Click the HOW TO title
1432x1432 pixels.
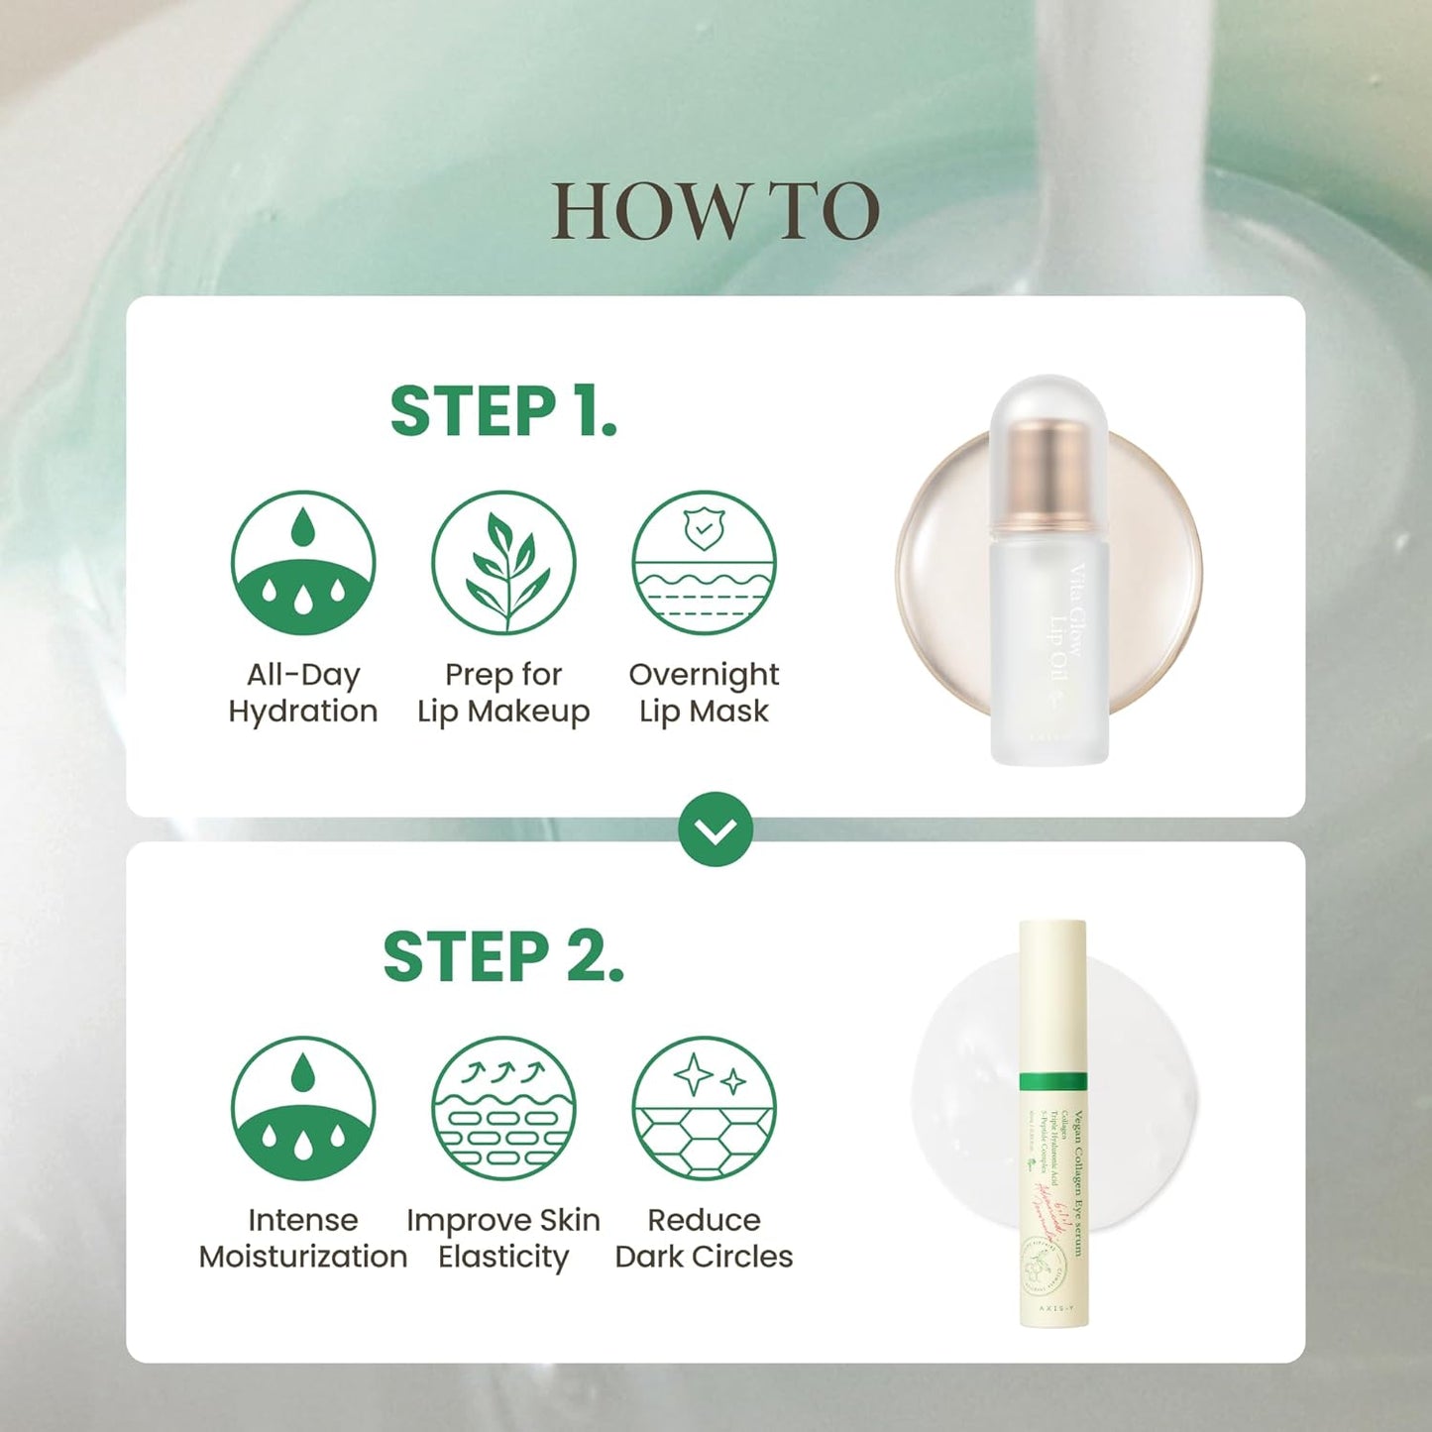click(x=715, y=211)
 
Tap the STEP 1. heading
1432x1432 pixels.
click(x=503, y=411)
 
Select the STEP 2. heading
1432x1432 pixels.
click(x=503, y=957)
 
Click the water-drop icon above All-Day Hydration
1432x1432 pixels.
click(x=303, y=563)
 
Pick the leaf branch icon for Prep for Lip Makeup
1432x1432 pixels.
click(x=503, y=563)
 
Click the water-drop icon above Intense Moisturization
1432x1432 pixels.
click(x=303, y=1108)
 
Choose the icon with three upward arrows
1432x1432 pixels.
click(x=503, y=1108)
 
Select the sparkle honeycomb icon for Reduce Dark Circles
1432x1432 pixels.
click(x=704, y=1108)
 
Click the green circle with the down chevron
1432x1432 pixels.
click(x=716, y=829)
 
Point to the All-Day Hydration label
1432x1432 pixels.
click(x=303, y=693)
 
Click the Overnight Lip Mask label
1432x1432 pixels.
click(x=704, y=693)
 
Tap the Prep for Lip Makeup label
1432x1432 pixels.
click(x=503, y=693)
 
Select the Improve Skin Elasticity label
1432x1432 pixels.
click(x=503, y=1238)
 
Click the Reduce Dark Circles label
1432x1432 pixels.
click(x=704, y=1238)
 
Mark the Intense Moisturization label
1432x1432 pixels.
click(x=303, y=1238)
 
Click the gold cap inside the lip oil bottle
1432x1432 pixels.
click(x=1049, y=471)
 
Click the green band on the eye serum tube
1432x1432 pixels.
click(x=1052, y=1081)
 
